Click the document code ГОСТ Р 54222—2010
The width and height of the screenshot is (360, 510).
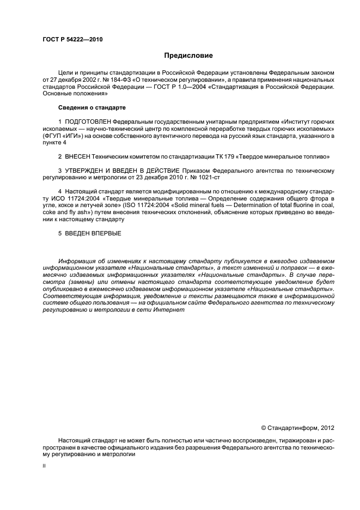coord(72,40)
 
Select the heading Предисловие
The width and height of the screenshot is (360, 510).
coord(188,56)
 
